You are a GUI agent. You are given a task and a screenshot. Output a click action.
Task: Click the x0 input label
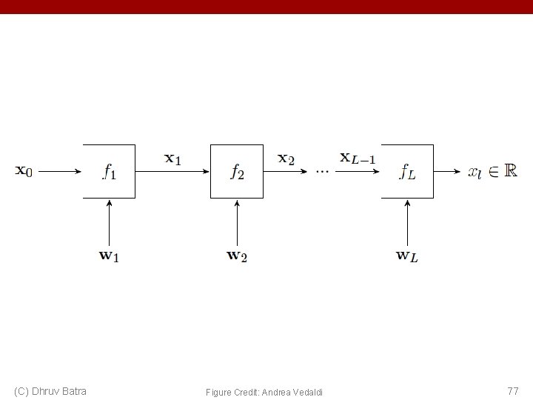pyautogui.click(x=24, y=171)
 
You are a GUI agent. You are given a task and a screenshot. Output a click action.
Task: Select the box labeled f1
pyautogui.click(x=109, y=171)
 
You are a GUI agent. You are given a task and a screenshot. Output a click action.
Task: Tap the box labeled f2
pyautogui.click(x=237, y=171)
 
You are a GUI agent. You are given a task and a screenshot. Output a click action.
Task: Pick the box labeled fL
pyautogui.click(x=407, y=171)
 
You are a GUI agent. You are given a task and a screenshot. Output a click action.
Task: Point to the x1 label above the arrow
pyautogui.click(x=172, y=158)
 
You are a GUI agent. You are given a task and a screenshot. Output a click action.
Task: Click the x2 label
pyautogui.click(x=286, y=158)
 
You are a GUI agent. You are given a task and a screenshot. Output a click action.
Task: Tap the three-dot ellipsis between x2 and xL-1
pyautogui.click(x=322, y=171)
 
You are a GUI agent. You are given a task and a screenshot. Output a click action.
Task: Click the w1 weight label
pyautogui.click(x=109, y=256)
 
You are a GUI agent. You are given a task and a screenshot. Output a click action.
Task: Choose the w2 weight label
pyautogui.click(x=237, y=256)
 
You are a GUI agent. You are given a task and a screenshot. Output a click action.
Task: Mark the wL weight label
pyautogui.click(x=407, y=256)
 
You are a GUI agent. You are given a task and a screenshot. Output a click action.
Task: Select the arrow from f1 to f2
pyautogui.click(x=172, y=171)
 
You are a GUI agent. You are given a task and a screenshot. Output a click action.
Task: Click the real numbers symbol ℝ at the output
pyautogui.click(x=511, y=170)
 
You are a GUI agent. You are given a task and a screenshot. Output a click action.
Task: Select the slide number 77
pyautogui.click(x=512, y=390)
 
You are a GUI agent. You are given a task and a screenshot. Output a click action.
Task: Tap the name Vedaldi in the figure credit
pyautogui.click(x=306, y=391)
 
